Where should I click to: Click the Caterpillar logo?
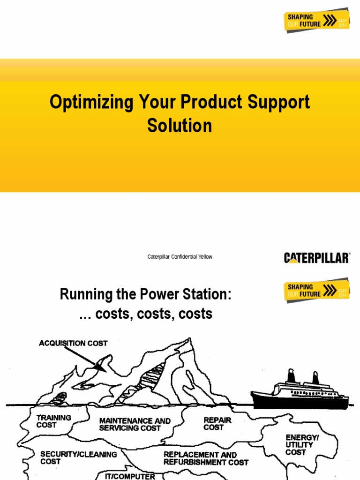[x=317, y=257]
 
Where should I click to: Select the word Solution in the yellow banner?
[x=180, y=125]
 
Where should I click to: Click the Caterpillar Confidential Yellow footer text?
[x=180, y=257]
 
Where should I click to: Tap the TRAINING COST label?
[x=54, y=421]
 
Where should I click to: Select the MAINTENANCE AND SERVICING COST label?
[x=135, y=424]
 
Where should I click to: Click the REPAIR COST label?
[x=217, y=424]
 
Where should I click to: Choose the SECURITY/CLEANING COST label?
[x=78, y=457]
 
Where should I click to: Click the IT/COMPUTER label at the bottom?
[x=130, y=476]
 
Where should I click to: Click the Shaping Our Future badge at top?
[x=317, y=20]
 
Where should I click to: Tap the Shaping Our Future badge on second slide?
[x=317, y=290]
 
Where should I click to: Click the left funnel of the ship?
[x=291, y=375]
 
